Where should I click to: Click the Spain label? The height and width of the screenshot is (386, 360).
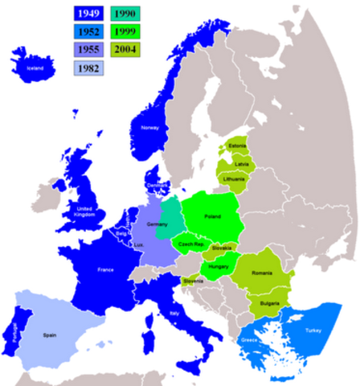coord(50,333)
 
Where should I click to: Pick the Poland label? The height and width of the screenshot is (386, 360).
coord(212,217)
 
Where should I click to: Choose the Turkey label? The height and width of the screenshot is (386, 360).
coord(312,330)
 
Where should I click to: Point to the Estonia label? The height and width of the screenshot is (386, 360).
coord(237,146)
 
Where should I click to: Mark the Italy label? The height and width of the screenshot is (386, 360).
coord(174,314)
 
